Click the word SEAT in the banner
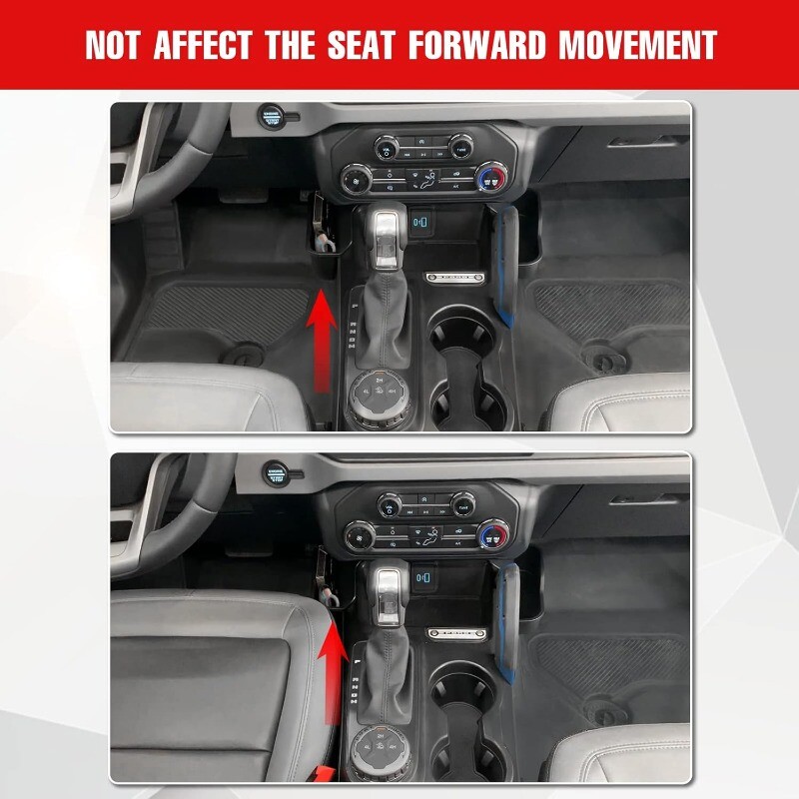point(361,45)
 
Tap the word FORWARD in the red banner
point(476,45)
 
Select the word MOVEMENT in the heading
point(638,45)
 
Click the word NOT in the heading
point(112,45)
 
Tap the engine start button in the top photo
point(271,117)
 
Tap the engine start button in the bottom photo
point(276,473)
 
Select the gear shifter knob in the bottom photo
point(389,592)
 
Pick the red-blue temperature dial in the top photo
point(492,179)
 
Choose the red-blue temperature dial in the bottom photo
point(493,534)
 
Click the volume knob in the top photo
point(388,148)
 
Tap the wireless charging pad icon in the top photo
point(421,223)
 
